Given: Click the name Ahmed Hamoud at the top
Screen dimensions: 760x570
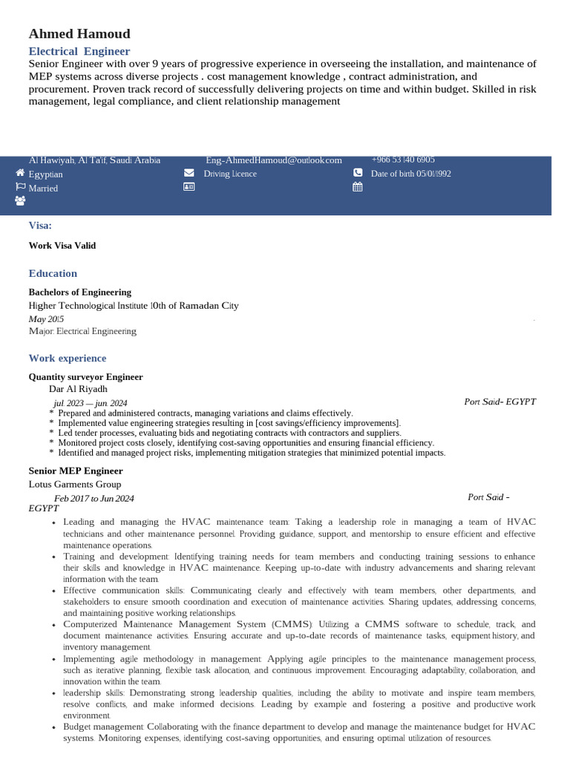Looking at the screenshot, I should (79, 33).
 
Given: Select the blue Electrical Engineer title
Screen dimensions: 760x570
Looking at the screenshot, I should (79, 51).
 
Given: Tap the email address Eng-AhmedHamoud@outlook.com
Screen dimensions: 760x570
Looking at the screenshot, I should (273, 160).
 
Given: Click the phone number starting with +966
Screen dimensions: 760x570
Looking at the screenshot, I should (403, 160).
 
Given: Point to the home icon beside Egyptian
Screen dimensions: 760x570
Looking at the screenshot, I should (20, 172).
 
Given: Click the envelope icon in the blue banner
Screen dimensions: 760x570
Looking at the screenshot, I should (189, 173).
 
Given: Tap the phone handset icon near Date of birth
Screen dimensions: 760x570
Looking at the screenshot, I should (358, 173).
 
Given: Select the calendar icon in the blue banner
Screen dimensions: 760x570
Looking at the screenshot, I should (358, 187).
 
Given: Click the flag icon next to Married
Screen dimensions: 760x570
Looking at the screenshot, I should (20, 187).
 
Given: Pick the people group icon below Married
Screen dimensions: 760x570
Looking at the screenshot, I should (20, 200).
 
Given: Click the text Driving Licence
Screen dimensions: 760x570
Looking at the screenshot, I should (230, 174).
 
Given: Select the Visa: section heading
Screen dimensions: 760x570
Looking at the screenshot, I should (40, 226).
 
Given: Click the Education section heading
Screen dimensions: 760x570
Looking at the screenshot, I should (53, 273).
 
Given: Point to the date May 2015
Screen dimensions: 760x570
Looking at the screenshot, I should (46, 318).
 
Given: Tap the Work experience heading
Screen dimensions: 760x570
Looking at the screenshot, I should (67, 358).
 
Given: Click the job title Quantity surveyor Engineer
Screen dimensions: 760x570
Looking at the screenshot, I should (85, 377).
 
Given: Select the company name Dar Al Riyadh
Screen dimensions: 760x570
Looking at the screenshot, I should (78, 388).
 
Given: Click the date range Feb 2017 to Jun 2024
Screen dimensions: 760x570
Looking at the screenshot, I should (94, 498).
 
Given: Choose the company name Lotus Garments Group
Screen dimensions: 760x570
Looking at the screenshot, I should (74, 483).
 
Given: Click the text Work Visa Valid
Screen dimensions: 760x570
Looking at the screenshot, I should (62, 246).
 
